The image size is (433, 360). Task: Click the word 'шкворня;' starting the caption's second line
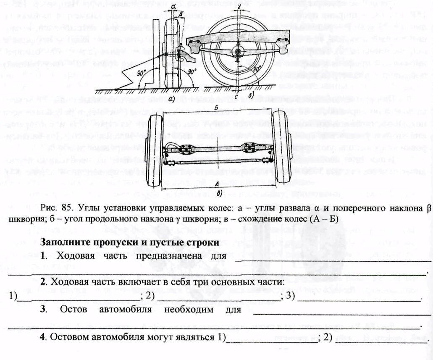click(25, 218)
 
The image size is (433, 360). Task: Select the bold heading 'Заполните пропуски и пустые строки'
click(130, 242)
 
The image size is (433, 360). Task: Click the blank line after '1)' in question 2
click(79, 297)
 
